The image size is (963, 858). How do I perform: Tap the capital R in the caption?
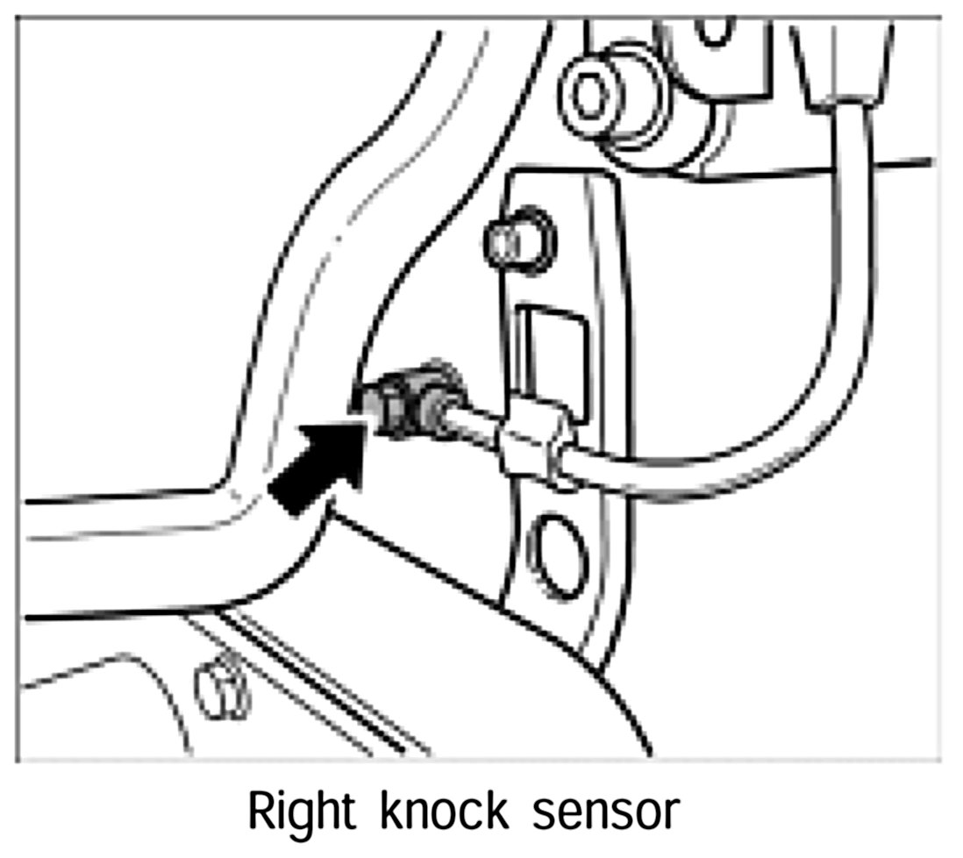point(261,812)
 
